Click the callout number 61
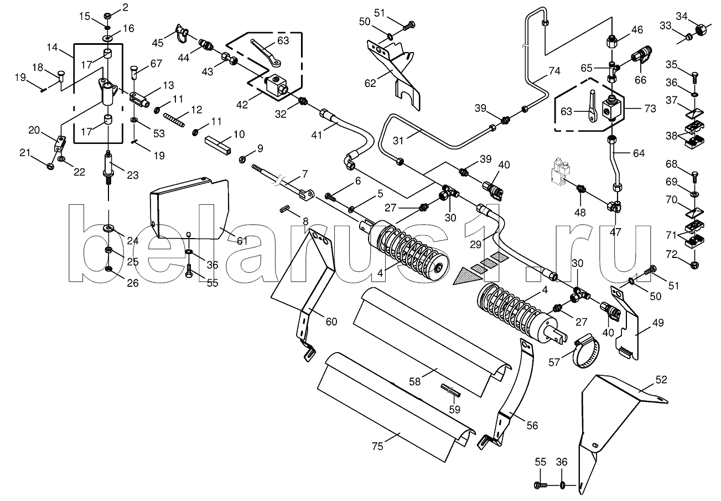point(242,240)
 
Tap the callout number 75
point(377,446)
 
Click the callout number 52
point(661,380)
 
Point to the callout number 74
point(554,71)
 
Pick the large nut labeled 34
point(700,30)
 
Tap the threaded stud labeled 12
point(174,120)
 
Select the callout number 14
point(52,47)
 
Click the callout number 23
point(132,175)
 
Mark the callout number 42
point(242,105)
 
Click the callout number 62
point(370,83)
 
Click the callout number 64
point(639,153)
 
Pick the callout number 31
point(398,141)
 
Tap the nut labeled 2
point(108,15)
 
